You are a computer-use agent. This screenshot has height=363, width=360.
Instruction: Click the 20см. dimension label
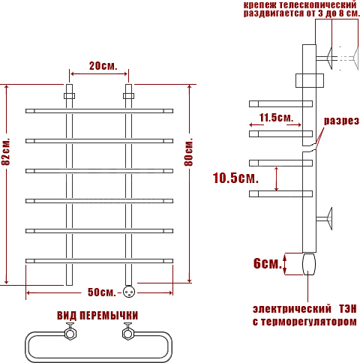point(103,66)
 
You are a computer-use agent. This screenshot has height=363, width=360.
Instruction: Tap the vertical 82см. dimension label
point(6,151)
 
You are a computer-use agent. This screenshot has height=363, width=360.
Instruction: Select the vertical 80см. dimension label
point(189,152)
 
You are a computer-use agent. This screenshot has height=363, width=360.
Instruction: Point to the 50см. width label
point(102,292)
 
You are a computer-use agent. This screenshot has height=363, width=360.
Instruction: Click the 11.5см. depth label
point(276,118)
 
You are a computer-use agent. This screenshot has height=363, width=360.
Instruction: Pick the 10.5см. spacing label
point(235,178)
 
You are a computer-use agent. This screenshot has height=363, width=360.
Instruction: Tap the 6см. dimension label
point(268,263)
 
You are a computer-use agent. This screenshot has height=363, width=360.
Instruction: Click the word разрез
point(341,121)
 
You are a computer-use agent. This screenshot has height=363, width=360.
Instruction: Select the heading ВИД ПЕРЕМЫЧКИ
point(97,316)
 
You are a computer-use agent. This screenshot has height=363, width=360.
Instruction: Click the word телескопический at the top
point(317,4)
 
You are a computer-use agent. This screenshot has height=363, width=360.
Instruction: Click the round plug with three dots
point(129,292)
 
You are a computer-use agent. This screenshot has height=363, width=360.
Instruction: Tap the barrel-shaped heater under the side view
point(309,264)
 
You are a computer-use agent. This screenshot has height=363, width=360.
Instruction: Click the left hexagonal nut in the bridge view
point(70,334)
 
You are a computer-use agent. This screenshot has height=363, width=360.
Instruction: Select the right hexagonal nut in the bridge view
point(128,334)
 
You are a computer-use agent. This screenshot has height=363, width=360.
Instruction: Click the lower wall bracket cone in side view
point(329,219)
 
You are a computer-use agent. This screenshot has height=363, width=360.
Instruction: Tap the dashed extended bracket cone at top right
point(355,58)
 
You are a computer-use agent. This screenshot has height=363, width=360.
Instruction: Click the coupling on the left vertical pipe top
point(69,96)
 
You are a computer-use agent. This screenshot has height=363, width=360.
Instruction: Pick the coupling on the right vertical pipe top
point(128,96)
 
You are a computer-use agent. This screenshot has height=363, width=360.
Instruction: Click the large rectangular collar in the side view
point(310,80)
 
